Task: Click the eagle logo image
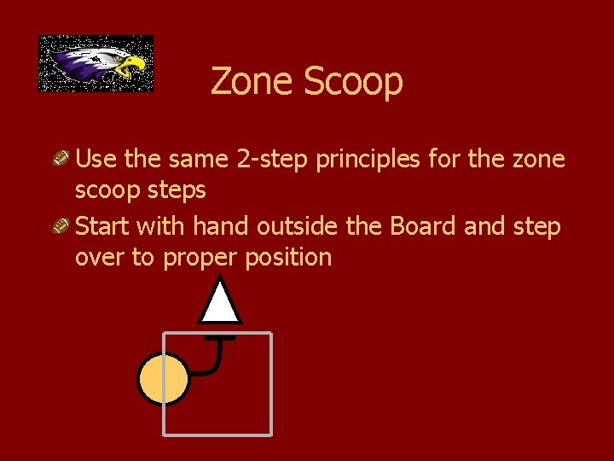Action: coord(96,63)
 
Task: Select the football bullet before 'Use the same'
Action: coord(61,158)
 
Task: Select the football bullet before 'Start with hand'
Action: coord(61,226)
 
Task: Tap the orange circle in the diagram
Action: coord(164,378)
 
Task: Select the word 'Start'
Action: coord(102,226)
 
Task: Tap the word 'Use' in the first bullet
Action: coord(96,159)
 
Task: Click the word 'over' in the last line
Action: coord(100,258)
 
